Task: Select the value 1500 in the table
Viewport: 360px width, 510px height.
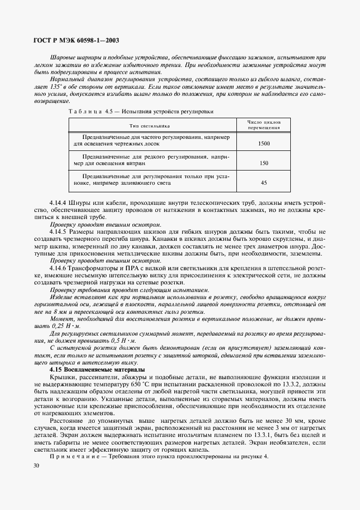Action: [264, 143]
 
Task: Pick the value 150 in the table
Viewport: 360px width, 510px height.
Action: [264, 163]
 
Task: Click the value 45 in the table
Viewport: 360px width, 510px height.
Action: [264, 183]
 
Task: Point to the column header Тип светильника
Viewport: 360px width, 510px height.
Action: [150, 125]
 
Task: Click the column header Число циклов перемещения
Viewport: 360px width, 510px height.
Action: [264, 125]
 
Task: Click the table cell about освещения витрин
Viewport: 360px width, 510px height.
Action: [150, 160]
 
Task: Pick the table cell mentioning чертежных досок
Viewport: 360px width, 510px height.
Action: [150, 140]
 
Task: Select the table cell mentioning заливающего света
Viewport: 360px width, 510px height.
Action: [150, 180]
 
